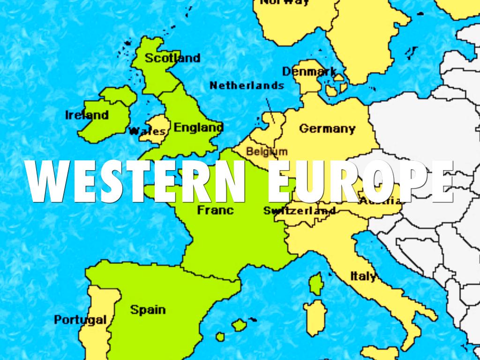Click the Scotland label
[x=172, y=58]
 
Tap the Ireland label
[x=87, y=115]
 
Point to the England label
[x=198, y=127]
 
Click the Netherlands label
[x=247, y=85]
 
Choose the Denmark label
[x=309, y=72]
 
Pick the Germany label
[x=327, y=128]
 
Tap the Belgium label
[x=267, y=151]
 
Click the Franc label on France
[x=215, y=210]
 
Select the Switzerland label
[x=300, y=210]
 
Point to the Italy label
[x=363, y=276]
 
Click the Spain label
[x=148, y=309]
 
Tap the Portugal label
[x=80, y=320]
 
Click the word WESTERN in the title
[x=136, y=181]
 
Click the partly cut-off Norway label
[x=285, y=2]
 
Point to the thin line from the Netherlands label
[x=270, y=110]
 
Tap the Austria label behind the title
[x=381, y=202]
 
